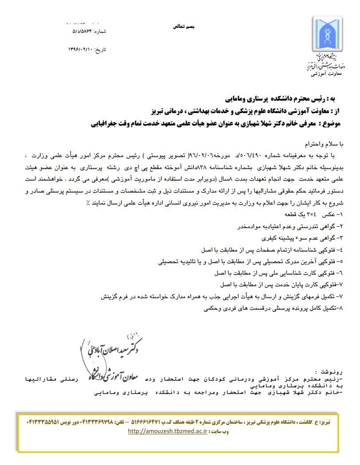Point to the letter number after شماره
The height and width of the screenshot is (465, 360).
pyautogui.click(x=83, y=32)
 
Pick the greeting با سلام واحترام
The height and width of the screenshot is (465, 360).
pyautogui.click(x=321, y=145)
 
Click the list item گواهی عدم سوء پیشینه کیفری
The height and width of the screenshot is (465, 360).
pyautogui.click(x=301, y=237)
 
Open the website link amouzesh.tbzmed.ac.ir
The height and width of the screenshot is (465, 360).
pyautogui.click(x=168, y=431)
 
